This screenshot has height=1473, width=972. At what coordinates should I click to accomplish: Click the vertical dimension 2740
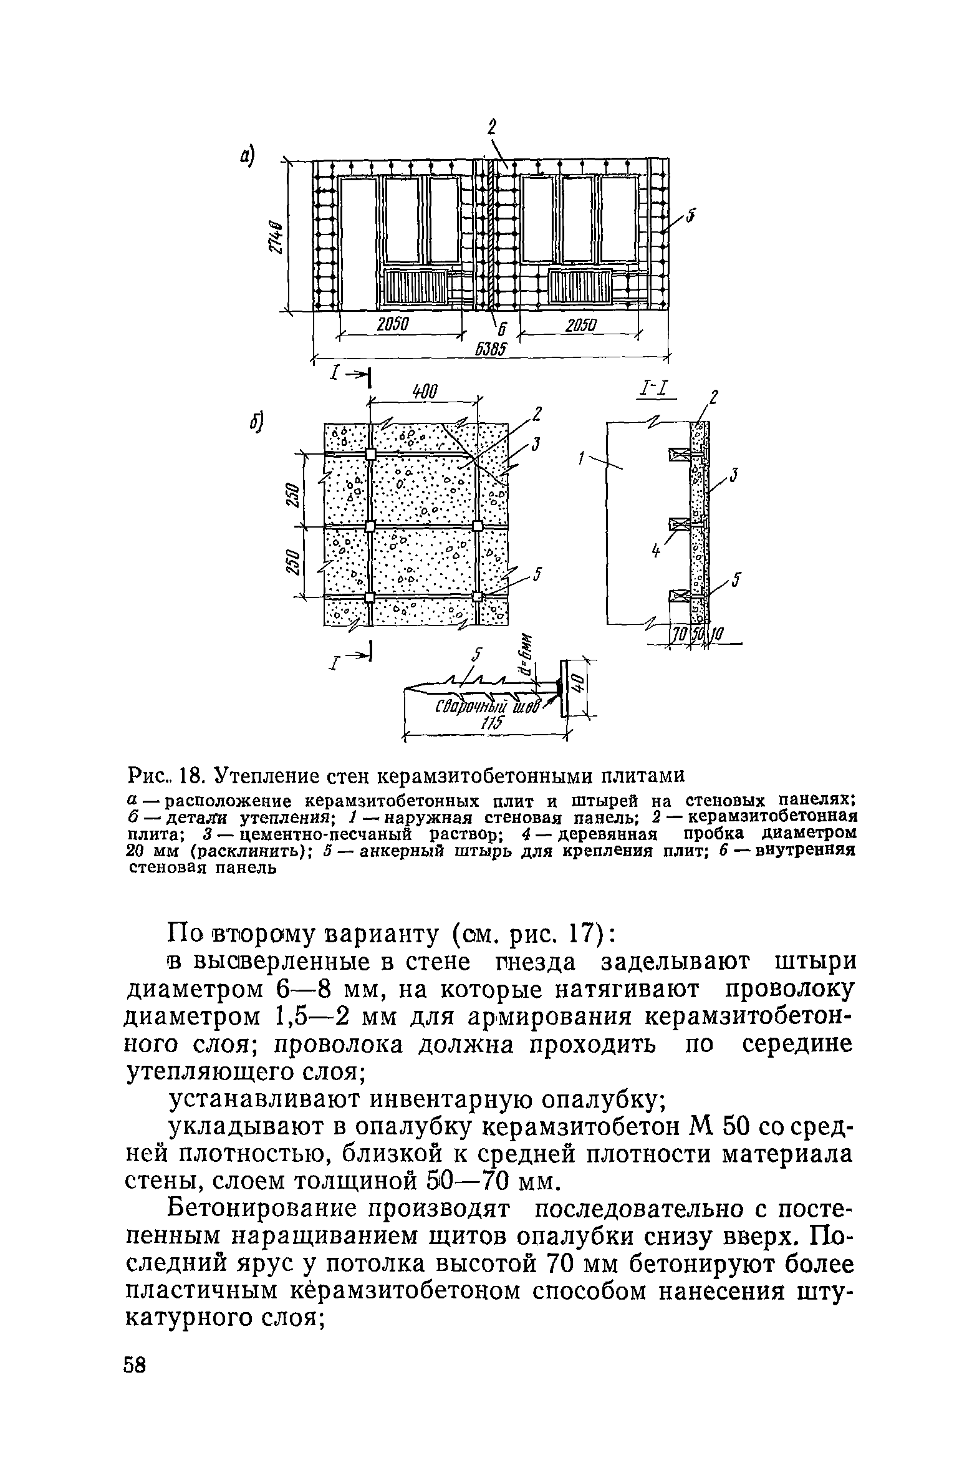(276, 238)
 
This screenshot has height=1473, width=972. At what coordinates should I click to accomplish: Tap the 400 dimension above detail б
(425, 392)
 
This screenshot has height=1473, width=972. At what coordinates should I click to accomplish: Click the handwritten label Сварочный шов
(486, 708)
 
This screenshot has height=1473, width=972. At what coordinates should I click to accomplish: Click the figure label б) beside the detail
(256, 422)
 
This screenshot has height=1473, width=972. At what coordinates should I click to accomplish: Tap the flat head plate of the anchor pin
(563, 688)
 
